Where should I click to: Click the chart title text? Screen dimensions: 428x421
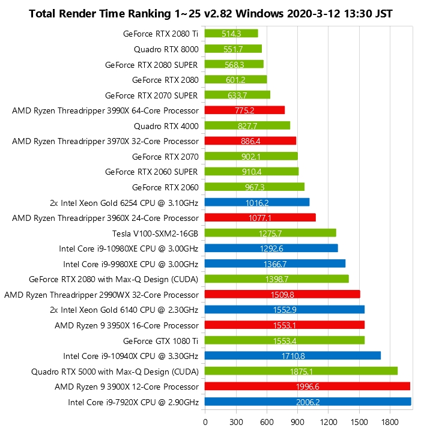[210, 13]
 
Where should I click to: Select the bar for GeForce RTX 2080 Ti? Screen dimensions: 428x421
[231, 34]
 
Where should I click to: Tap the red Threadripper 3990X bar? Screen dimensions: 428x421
[244, 110]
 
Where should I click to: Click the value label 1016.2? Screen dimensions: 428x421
[257, 202]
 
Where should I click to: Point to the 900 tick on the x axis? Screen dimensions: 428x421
[297, 421]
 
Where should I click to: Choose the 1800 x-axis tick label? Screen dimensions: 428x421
[390, 421]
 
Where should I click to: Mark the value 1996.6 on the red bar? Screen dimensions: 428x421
[307, 387]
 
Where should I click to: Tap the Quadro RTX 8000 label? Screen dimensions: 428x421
[166, 49]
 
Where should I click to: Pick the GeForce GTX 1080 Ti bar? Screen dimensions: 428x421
[285, 340]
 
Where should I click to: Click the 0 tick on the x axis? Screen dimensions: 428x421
[205, 421]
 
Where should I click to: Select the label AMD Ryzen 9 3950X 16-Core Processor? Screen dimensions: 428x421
[126, 325]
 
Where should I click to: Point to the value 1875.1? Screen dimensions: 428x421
[301, 372]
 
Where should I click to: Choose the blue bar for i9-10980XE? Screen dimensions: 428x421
[271, 249]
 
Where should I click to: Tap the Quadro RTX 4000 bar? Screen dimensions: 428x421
[247, 125]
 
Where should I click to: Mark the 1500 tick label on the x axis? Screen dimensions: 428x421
[359, 421]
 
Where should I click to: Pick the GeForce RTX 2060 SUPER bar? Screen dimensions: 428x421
[252, 172]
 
